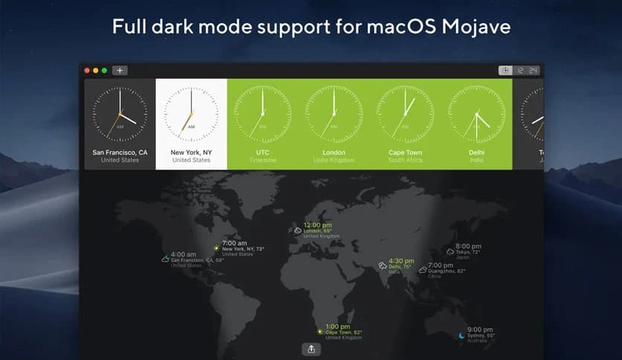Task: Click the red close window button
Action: [87, 71]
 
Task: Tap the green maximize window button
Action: [105, 71]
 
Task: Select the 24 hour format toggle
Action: [533, 71]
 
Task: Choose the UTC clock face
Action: [263, 114]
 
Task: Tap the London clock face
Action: [334, 114]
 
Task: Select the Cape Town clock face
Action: [405, 114]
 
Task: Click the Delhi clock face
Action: [476, 114]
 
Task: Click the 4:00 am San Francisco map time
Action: [184, 254]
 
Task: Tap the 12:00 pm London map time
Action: [317, 225]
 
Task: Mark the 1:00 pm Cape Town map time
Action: [338, 327]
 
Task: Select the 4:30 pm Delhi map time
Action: [401, 260]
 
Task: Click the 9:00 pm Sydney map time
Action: [480, 330]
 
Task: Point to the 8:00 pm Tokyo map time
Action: [468, 246]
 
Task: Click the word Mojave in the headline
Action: [475, 28]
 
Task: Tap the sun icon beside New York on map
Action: [217, 248]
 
